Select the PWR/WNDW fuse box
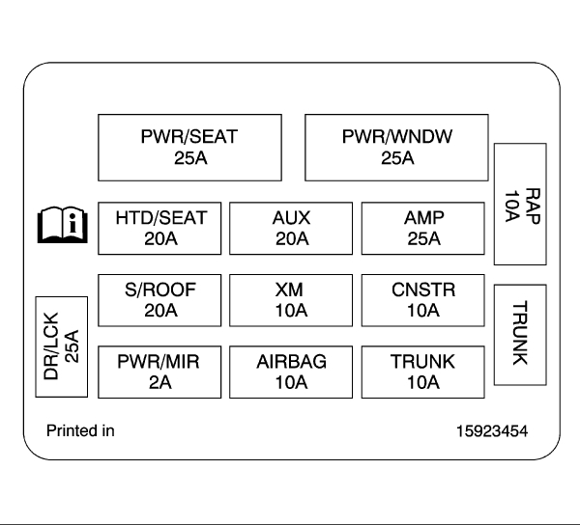click(x=396, y=147)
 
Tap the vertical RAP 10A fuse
click(x=520, y=204)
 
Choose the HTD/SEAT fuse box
click(x=160, y=228)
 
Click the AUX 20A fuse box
click(x=291, y=228)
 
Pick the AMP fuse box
click(x=422, y=228)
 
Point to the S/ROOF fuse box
click(x=160, y=300)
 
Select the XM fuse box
click(x=291, y=300)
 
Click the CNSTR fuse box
click(x=422, y=300)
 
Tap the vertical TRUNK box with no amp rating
click(x=520, y=333)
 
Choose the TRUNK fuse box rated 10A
click(x=422, y=372)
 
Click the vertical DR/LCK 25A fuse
click(x=63, y=346)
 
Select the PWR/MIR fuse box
click(x=160, y=372)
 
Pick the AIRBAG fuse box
click(x=291, y=372)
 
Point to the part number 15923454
click(x=492, y=430)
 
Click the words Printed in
click(x=80, y=430)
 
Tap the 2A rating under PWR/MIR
click(x=160, y=382)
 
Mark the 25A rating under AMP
click(x=422, y=238)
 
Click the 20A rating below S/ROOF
click(x=160, y=311)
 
